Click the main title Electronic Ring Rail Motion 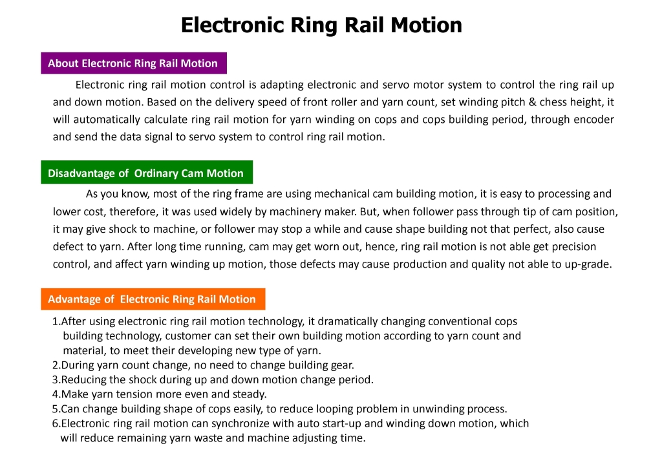[x=321, y=25]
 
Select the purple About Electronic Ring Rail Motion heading [x=134, y=63]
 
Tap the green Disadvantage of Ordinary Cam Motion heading [x=147, y=172]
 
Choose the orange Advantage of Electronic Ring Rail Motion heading [x=153, y=299]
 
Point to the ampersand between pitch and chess [x=532, y=102]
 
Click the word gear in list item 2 [x=341, y=365]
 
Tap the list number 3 [x=56, y=380]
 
